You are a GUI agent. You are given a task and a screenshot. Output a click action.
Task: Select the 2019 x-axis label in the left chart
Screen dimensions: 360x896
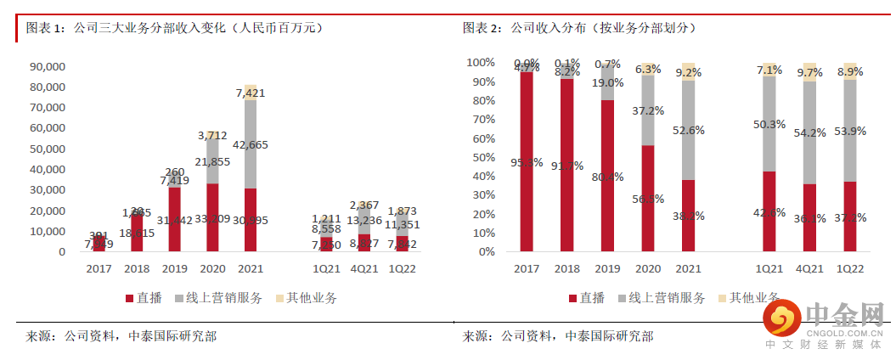point(174,268)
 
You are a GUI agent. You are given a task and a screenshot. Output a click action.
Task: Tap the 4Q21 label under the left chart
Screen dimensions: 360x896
point(363,268)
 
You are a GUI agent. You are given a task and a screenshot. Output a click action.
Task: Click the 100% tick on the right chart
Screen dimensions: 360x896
point(481,63)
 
